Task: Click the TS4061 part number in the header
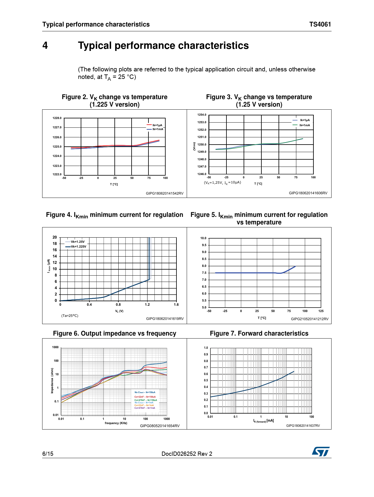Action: click(x=320, y=24)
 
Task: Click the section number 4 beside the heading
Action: click(x=45, y=45)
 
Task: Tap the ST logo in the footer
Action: click(x=321, y=452)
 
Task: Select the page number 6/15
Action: click(x=48, y=454)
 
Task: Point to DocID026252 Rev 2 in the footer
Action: click(x=187, y=454)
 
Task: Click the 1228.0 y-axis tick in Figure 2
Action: click(x=57, y=118)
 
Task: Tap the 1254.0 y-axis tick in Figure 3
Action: click(x=202, y=115)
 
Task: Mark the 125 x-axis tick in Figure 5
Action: click(x=321, y=311)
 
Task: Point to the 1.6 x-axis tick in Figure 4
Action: click(x=176, y=305)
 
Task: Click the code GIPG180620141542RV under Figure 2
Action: click(x=164, y=193)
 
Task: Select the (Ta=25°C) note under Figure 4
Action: click(x=70, y=316)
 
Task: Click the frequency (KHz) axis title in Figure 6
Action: click(x=116, y=423)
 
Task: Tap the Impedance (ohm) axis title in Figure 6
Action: click(x=52, y=380)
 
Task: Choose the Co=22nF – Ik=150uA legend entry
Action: click(x=145, y=397)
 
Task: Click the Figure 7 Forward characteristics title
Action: click(x=259, y=333)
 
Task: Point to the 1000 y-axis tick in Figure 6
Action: click(x=55, y=347)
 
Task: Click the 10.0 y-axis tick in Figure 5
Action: click(x=203, y=238)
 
